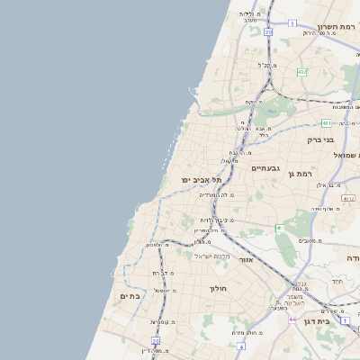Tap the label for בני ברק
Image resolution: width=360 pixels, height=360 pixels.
coord(320,139)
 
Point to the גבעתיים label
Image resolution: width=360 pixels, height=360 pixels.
coord(266,168)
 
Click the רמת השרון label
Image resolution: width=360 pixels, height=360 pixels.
coord(337,27)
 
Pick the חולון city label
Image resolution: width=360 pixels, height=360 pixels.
coord(220,289)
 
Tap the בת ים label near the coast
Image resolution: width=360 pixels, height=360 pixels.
coord(132,296)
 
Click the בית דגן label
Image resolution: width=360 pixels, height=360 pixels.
coord(337,320)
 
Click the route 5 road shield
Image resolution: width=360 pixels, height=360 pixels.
coord(292,23)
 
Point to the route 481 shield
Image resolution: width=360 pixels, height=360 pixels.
coord(327,122)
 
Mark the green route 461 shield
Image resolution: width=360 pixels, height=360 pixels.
coord(280,229)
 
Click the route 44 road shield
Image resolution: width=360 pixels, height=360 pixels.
coord(292,319)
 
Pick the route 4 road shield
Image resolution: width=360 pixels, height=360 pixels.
coord(241,346)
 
